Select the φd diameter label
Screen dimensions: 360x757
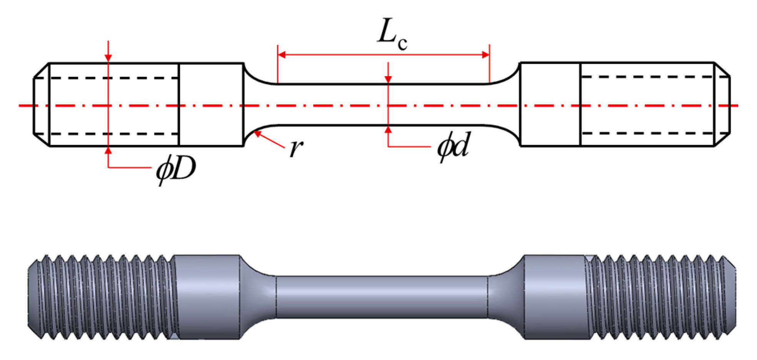pyautogui.click(x=453, y=147)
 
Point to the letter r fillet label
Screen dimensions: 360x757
pyautogui.click(x=296, y=148)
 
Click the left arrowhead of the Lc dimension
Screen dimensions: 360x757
pyautogui.click(x=282, y=55)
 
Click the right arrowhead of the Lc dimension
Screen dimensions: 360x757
pyautogui.click(x=485, y=55)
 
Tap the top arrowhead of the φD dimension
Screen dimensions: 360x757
pyautogui.click(x=108, y=58)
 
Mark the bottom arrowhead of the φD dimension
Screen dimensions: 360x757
pyautogui.click(x=108, y=151)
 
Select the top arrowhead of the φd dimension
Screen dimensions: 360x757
pyautogui.click(x=388, y=79)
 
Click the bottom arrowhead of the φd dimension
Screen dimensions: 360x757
pyautogui.click(x=388, y=130)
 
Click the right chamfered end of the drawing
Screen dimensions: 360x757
pyautogui.click(x=722, y=105)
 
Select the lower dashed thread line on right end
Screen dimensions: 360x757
pyautogui.click(x=646, y=133)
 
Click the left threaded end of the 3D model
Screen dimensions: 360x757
pyautogui.click(x=100, y=297)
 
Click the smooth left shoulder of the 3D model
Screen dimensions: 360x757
pyautogui.click(x=208, y=297)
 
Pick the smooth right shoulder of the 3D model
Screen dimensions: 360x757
pyautogui.click(x=554, y=297)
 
